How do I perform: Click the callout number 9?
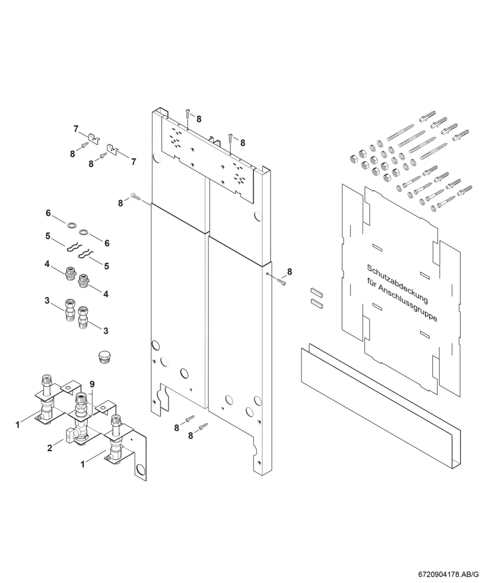(92, 384)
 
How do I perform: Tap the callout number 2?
(49, 448)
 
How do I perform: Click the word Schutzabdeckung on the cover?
(397, 284)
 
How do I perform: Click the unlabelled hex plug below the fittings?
(104, 357)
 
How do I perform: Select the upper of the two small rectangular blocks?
(317, 292)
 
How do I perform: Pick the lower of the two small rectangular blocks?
(317, 303)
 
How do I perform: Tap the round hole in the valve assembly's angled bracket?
(140, 470)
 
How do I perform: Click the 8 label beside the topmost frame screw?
(199, 119)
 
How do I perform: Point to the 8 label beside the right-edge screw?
(290, 271)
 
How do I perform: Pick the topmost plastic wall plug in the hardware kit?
(427, 116)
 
